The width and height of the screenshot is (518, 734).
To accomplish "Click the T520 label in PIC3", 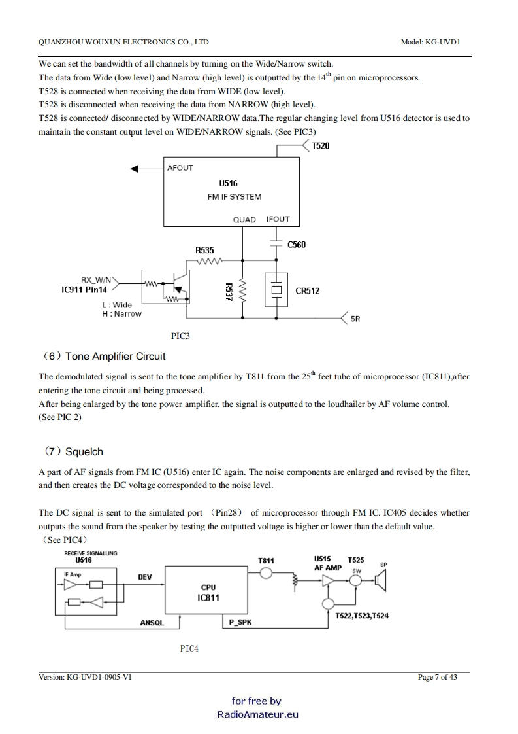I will [x=320, y=146].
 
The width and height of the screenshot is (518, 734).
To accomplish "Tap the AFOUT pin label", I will [x=180, y=168].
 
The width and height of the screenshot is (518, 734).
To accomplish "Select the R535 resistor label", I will [x=204, y=250].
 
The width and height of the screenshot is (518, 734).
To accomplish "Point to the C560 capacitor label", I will [x=297, y=245].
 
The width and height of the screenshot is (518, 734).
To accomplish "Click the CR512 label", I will [x=308, y=291].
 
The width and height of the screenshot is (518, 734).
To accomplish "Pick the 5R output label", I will [x=355, y=319].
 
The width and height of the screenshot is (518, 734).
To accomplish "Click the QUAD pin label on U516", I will [x=244, y=220].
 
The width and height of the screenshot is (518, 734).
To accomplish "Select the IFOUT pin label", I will [x=278, y=219].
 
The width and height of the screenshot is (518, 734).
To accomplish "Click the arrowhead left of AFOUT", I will [x=136, y=169].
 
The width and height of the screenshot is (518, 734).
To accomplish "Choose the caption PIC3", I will [x=180, y=336].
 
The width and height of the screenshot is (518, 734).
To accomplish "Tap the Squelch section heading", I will [x=84, y=451].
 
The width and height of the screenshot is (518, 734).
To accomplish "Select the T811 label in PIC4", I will [x=266, y=561].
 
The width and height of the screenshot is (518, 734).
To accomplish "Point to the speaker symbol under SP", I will [x=382, y=580].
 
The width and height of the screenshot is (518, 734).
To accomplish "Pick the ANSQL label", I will [x=152, y=623].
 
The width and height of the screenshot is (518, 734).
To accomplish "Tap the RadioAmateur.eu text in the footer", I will [x=257, y=714].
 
